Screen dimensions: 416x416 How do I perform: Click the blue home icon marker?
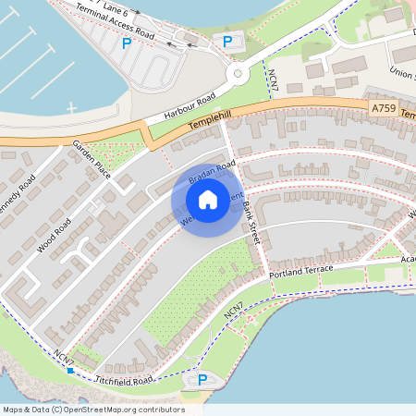point(208,199)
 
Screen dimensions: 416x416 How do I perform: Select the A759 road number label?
point(385,109)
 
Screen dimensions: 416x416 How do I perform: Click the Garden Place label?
point(92,160)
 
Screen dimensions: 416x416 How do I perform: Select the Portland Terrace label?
point(300,269)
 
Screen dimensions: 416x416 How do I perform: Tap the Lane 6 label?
point(115,6)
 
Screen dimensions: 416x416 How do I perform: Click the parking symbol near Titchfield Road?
point(202,379)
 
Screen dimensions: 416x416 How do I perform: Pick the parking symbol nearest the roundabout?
point(227,41)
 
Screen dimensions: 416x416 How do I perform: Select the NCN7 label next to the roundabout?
point(272,78)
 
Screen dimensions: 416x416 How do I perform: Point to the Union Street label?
point(403,71)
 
